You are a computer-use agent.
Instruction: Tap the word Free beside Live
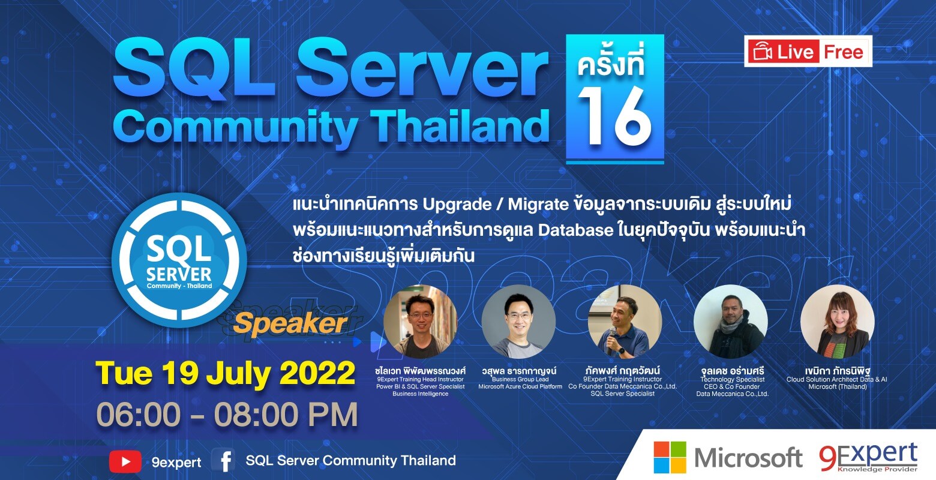pyautogui.click(x=843, y=52)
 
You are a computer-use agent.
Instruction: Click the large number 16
pyautogui.click(x=614, y=116)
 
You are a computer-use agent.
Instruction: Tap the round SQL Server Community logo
pyautogui.click(x=179, y=260)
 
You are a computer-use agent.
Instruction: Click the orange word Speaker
pyautogui.click(x=290, y=324)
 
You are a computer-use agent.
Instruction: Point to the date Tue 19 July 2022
pyautogui.click(x=226, y=373)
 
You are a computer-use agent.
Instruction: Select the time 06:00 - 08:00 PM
pyautogui.click(x=227, y=415)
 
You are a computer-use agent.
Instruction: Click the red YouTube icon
pyautogui.click(x=125, y=461)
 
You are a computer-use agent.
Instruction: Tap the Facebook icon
pyautogui.click(x=224, y=460)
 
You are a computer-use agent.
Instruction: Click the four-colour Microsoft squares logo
pyautogui.click(x=670, y=457)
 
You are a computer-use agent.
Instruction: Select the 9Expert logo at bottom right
pyautogui.click(x=868, y=457)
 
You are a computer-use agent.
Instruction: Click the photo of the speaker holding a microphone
pyautogui.click(x=625, y=322)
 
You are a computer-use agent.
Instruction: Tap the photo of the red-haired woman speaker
pyautogui.click(x=838, y=322)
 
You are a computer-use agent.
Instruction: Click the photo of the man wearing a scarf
pyautogui.click(x=731, y=322)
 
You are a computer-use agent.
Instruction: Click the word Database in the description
pyautogui.click(x=576, y=230)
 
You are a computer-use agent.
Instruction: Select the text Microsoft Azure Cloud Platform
pyautogui.click(x=520, y=387)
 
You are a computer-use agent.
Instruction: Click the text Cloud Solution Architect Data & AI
pyautogui.click(x=836, y=379)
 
